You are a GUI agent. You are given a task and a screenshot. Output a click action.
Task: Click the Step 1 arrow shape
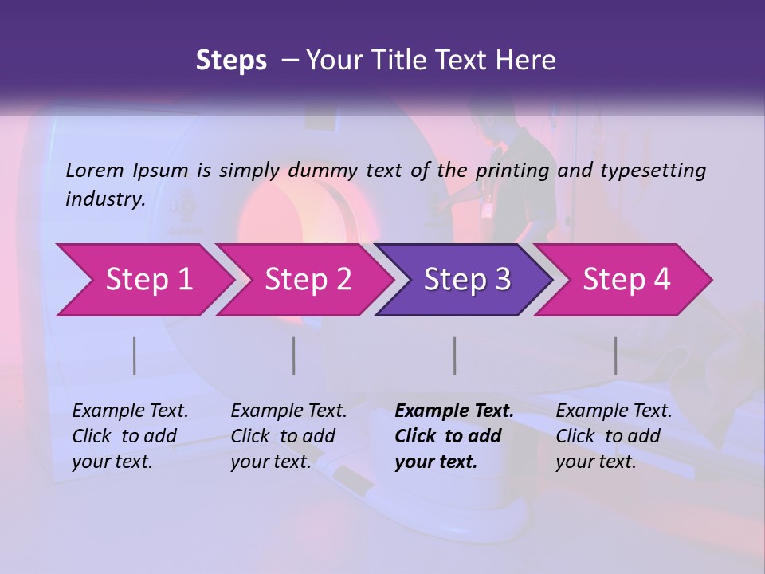(143, 280)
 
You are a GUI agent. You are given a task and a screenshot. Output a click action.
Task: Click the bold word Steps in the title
(231, 60)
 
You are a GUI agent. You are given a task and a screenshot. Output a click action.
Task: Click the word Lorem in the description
(95, 170)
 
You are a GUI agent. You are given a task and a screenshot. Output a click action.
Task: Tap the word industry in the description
(105, 199)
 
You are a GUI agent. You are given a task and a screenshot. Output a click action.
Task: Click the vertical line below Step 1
(135, 356)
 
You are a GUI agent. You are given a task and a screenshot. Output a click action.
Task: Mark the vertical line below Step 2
(294, 356)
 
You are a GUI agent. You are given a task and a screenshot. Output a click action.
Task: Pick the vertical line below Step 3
(455, 356)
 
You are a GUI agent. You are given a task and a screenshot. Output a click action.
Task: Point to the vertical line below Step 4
(616, 356)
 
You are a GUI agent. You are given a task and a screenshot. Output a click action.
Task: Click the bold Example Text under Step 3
(454, 411)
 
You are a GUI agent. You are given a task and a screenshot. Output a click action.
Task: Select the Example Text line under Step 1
(130, 411)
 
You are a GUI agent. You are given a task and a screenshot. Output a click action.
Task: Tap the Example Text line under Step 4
(614, 411)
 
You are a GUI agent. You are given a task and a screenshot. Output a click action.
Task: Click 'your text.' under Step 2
(270, 462)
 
